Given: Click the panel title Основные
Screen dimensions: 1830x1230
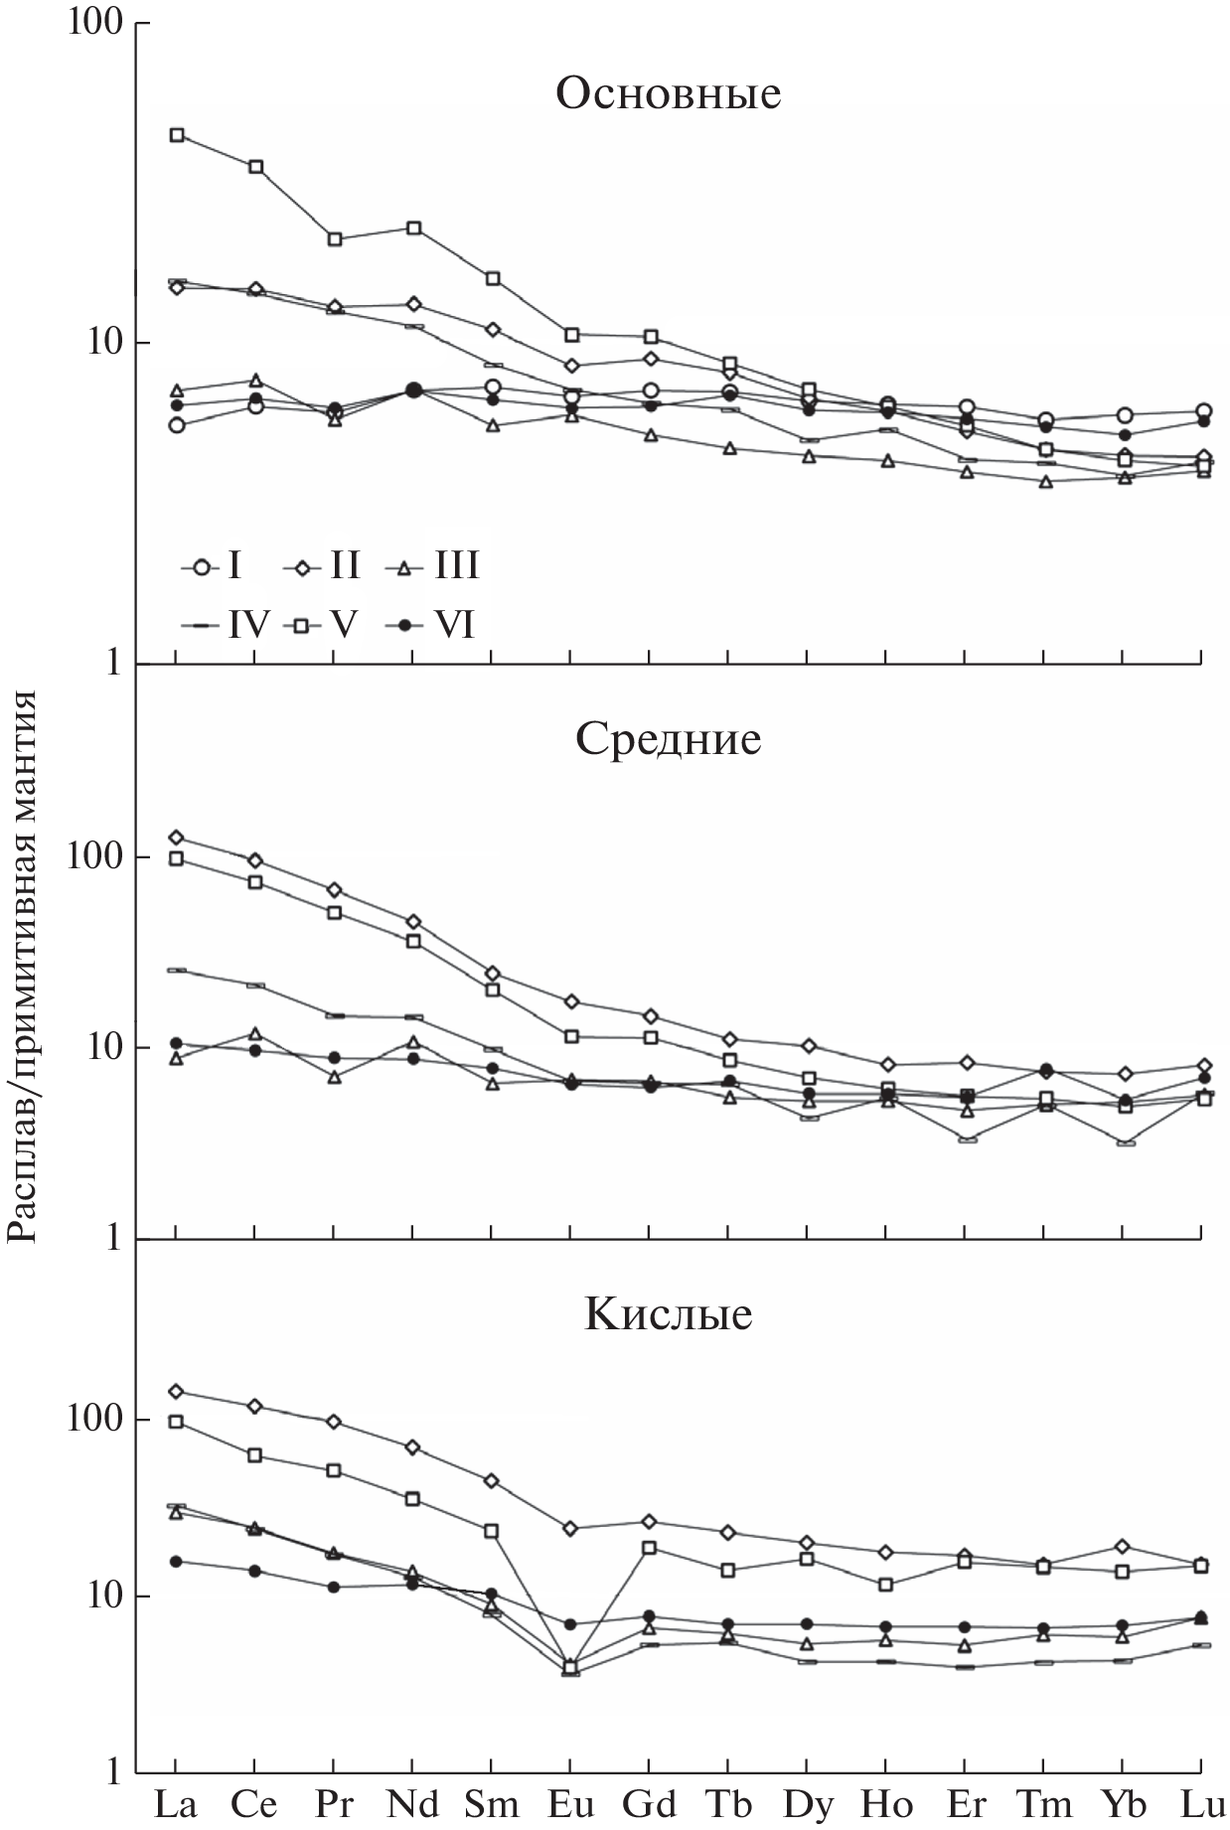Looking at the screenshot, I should point(668,93).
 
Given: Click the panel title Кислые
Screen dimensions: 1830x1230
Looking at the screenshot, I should point(668,1313).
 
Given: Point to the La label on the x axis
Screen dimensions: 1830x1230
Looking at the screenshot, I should point(175,1803).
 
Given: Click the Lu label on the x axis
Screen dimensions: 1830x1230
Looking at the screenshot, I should point(1202,1803).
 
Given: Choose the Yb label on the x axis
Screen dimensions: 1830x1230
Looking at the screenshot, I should point(1123,1803).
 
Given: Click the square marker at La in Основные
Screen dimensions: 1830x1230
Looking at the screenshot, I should point(177,135).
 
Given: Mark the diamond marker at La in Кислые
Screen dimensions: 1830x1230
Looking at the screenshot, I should point(176,1391).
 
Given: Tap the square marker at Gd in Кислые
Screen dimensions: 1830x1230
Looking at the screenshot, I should point(649,1548).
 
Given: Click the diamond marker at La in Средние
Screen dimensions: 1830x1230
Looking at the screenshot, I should point(176,838).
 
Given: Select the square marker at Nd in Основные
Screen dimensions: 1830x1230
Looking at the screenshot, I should point(413,229).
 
